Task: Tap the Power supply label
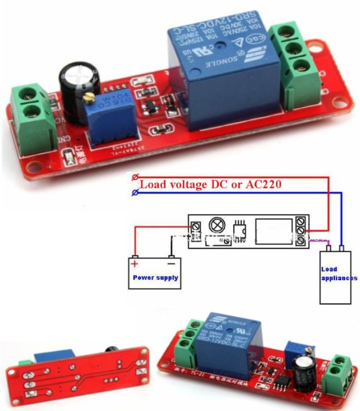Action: click(155, 278)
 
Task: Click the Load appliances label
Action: click(339, 274)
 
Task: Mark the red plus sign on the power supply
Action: click(135, 264)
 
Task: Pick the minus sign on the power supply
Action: click(171, 264)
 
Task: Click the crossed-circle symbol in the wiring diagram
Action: click(218, 224)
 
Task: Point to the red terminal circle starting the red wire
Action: click(135, 178)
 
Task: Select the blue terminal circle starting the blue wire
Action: click(135, 193)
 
